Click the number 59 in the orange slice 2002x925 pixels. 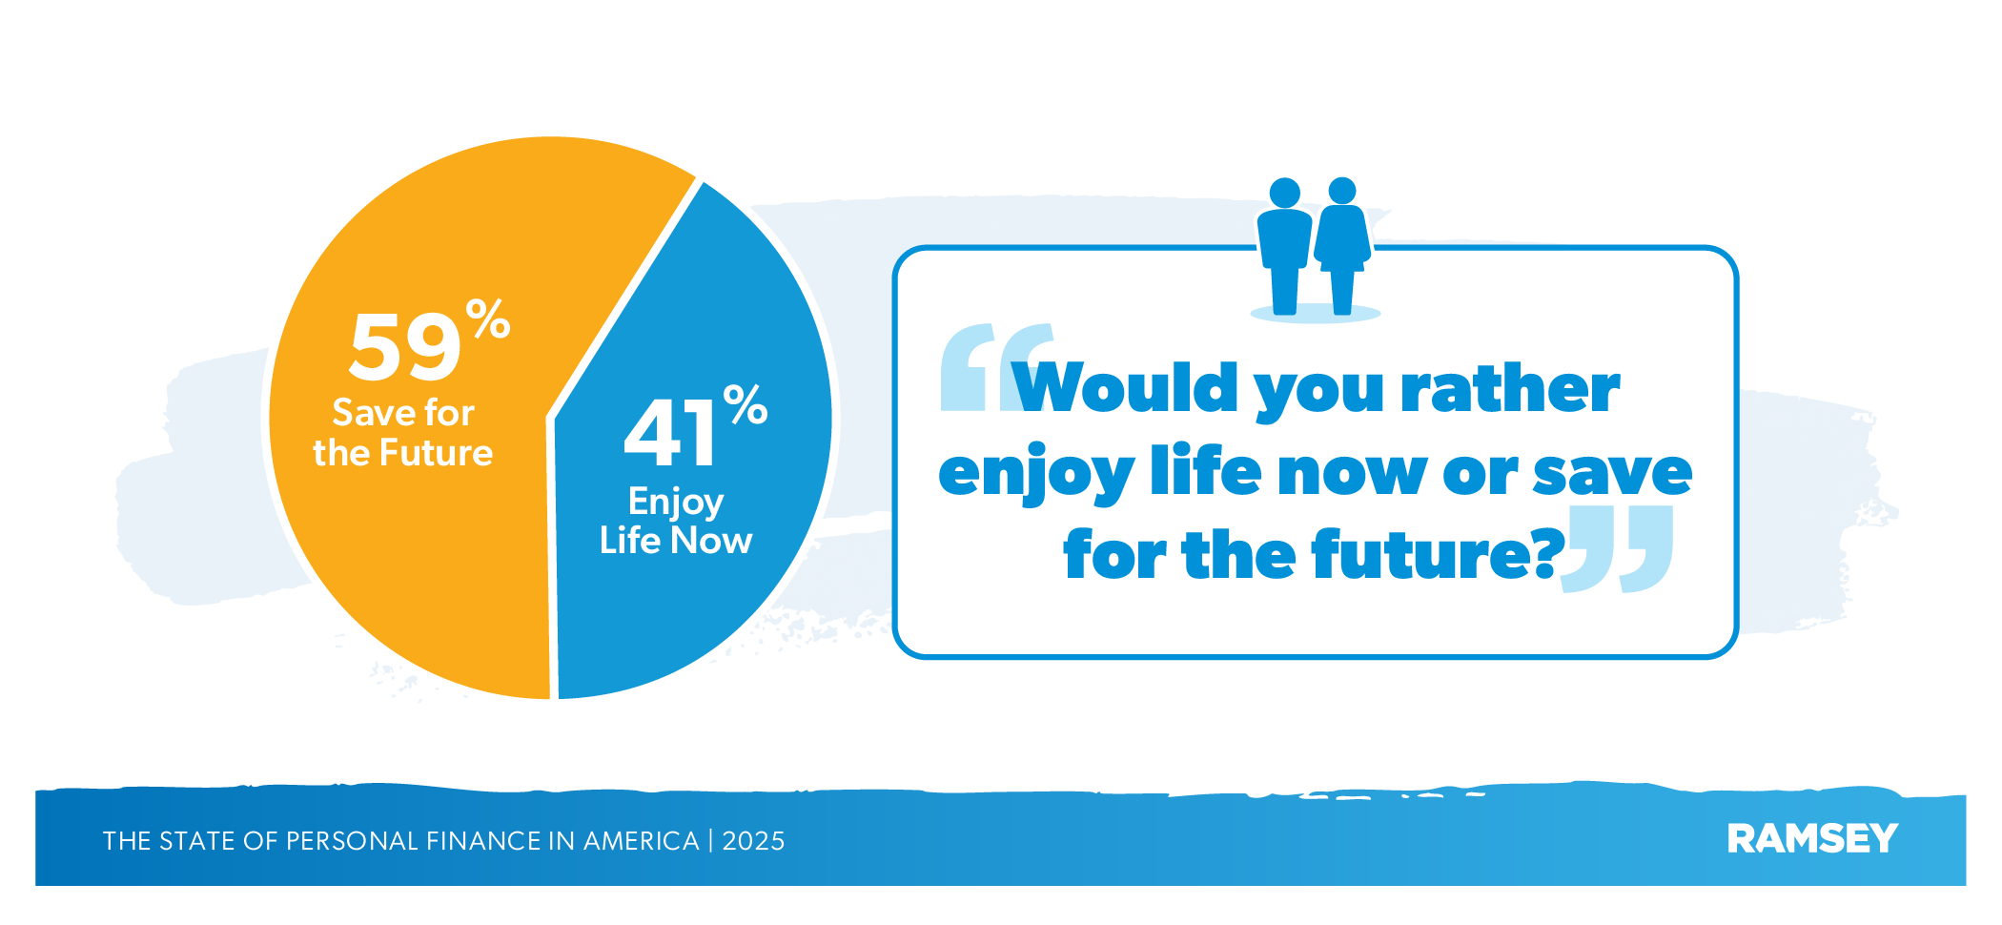pos(405,347)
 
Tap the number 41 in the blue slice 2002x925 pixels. pos(670,433)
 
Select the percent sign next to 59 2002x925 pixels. pos(488,319)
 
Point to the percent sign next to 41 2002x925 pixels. pos(746,404)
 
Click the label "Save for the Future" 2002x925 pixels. pos(403,433)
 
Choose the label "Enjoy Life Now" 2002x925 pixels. pos(676,521)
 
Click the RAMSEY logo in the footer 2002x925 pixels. pos(1812,839)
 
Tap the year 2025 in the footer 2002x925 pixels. pos(753,841)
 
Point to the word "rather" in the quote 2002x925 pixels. pos(1510,389)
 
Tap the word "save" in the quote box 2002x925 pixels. pos(1612,474)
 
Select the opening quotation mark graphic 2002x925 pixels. pos(997,367)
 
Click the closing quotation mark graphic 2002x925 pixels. pos(1618,549)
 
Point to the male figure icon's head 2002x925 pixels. pos(1285,193)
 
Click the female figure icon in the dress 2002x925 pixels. pos(1342,245)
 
